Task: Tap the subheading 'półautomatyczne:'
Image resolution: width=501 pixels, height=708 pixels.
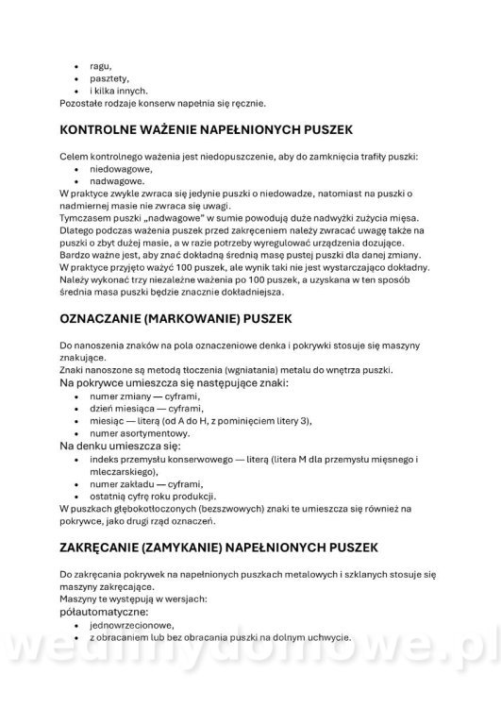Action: pyautogui.click(x=106, y=612)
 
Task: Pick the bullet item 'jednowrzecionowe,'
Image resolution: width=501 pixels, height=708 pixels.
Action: pyautogui.click(x=130, y=625)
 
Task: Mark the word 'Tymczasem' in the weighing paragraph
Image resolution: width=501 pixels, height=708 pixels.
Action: pyautogui.click(x=83, y=216)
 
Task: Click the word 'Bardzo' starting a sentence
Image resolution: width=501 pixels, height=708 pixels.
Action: pyautogui.click(x=75, y=254)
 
